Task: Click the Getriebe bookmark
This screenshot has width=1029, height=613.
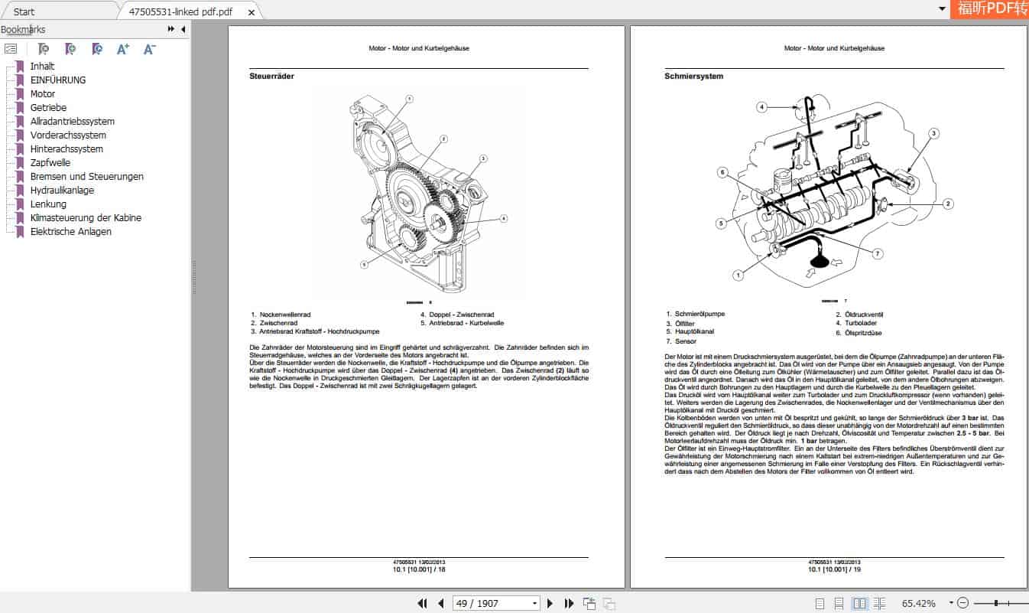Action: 47,108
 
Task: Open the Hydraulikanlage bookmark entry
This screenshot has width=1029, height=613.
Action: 62,191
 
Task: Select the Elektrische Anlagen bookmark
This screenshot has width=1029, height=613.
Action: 70,232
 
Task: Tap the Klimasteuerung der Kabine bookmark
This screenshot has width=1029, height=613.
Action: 85,218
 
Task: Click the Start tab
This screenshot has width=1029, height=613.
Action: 24,11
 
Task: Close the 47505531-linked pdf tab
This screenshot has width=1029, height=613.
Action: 250,12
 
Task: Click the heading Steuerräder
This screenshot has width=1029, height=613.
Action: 271,77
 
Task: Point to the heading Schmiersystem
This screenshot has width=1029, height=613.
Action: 693,77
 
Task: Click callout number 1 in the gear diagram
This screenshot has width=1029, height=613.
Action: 409,99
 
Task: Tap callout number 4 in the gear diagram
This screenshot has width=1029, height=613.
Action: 504,218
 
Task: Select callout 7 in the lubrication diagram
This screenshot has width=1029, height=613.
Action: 878,253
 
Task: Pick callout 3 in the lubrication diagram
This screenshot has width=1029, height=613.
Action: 933,133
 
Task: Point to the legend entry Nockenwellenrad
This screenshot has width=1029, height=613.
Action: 284,315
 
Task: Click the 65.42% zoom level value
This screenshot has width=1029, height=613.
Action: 918,603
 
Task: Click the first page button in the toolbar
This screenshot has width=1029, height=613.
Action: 422,603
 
